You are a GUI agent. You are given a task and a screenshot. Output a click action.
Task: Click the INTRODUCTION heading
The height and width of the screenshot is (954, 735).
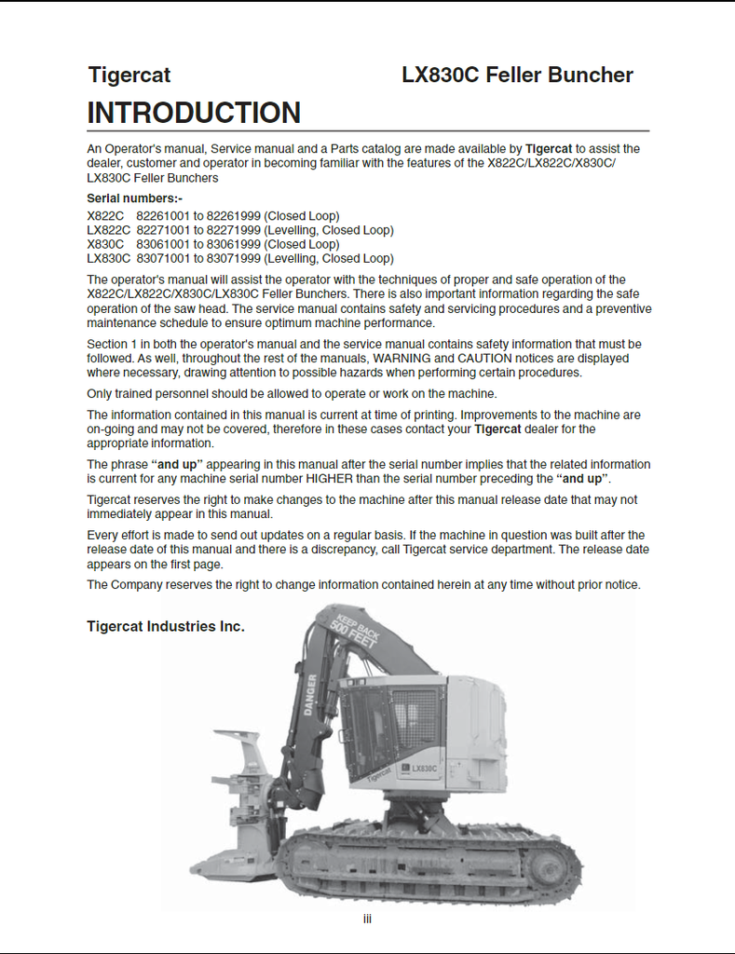tap(194, 113)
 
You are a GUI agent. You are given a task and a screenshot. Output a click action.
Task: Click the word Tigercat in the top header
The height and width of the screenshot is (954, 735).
tap(129, 75)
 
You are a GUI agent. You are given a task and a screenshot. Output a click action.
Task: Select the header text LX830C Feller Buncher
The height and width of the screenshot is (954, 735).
tap(517, 75)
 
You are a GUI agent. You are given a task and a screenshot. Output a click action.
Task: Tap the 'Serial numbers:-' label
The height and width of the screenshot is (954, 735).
tap(134, 198)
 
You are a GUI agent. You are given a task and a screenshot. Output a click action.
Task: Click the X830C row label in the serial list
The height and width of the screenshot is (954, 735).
tap(105, 244)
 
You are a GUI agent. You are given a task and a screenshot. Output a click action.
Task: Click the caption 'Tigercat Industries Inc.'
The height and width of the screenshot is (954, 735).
tap(166, 627)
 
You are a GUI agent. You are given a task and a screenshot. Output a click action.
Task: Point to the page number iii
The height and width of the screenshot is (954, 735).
tap(367, 920)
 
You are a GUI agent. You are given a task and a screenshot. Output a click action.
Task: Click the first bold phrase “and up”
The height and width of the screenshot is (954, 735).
tap(177, 465)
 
